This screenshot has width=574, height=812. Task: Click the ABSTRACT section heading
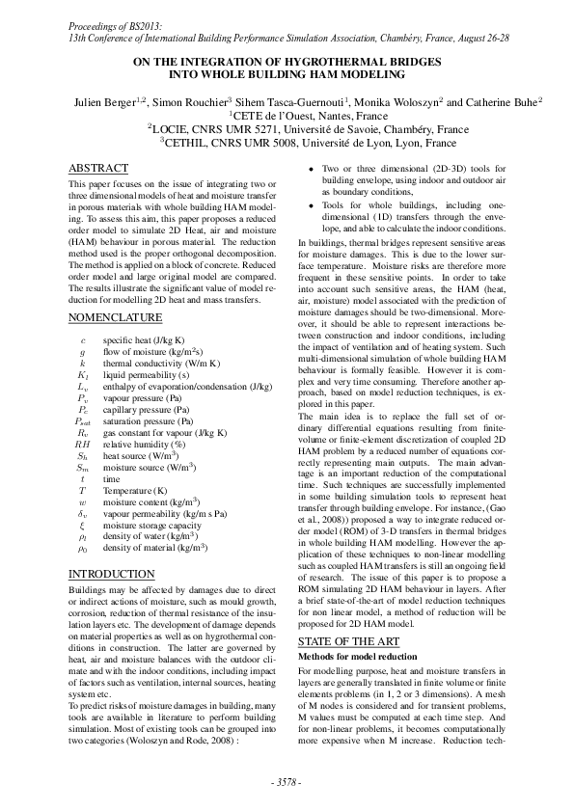point(101,168)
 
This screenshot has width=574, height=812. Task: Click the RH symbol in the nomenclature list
point(82,445)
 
